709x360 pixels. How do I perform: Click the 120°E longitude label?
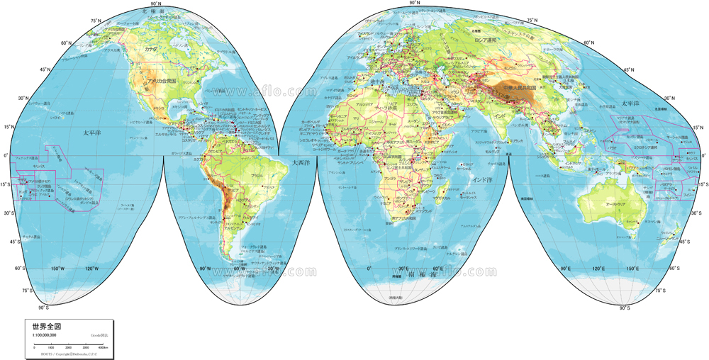click(598, 269)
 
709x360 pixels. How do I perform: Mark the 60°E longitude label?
click(437, 269)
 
